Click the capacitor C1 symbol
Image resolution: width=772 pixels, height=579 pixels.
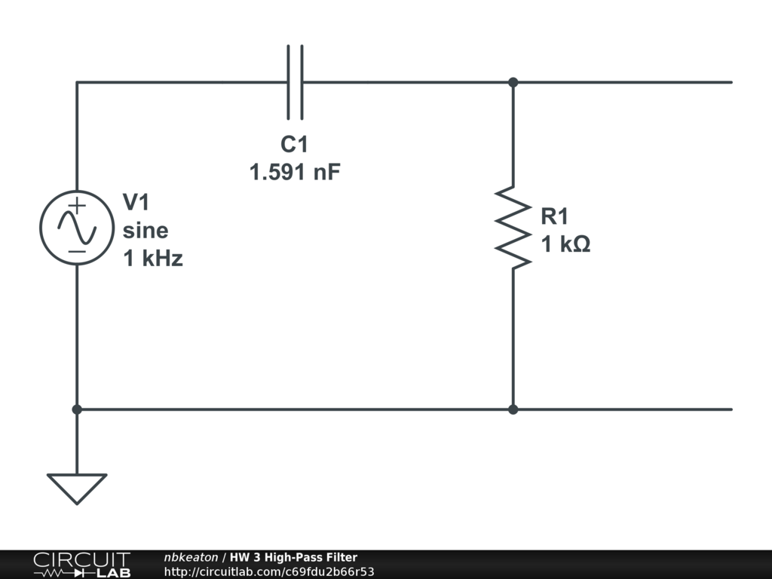coord(295,82)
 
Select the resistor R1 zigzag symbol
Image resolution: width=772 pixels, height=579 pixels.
coord(513,227)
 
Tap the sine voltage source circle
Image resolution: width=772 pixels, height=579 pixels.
coord(77,227)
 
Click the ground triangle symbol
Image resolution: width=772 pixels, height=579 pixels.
coord(77,486)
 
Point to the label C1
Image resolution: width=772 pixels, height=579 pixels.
coord(294,145)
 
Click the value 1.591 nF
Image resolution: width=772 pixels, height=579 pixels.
coord(295,173)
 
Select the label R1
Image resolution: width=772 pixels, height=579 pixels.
coord(554,217)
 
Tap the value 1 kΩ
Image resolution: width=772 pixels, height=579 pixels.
coord(565,244)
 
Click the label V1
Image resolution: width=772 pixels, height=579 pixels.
coord(136,202)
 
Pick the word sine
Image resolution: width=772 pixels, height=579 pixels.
coord(146,230)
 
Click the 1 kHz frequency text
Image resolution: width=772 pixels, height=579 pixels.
coord(153,259)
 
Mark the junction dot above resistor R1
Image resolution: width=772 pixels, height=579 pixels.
coord(513,82)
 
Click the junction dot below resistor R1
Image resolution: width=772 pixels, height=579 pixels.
coord(513,409)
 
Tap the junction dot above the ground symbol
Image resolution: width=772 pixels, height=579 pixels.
coord(77,409)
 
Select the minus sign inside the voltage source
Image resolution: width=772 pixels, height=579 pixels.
coord(77,250)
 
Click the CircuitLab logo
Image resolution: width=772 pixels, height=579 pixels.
coord(81,565)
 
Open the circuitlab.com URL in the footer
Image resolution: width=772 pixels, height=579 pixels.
coord(269,571)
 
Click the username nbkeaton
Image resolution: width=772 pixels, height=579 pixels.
coord(191,557)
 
